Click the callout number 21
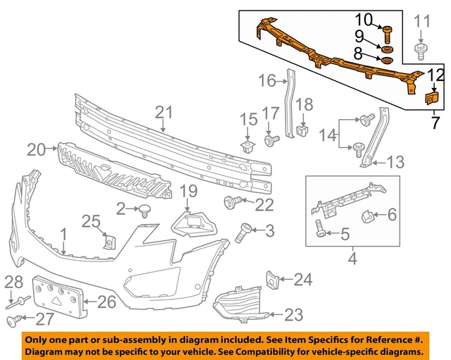coord(163,111)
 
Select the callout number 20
coord(36,149)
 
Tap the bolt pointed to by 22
coord(230,203)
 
